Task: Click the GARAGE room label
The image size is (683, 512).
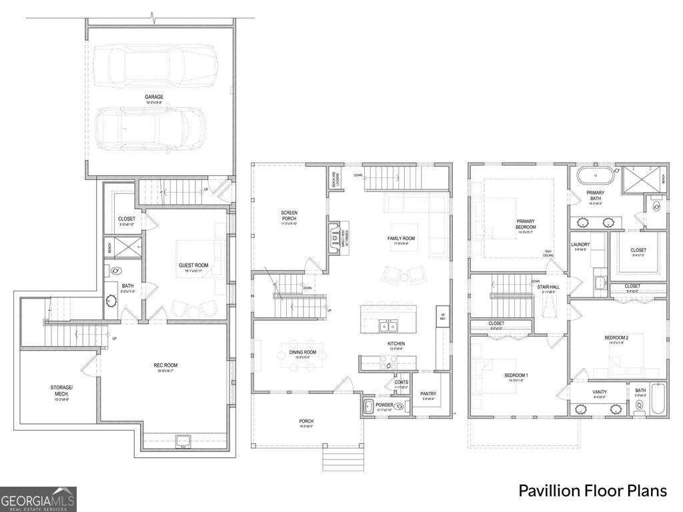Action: pyautogui.click(x=154, y=97)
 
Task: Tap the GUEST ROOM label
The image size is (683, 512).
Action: pyautogui.click(x=193, y=265)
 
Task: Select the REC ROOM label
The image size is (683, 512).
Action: pyautogui.click(x=167, y=365)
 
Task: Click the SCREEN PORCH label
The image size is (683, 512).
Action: pyautogui.click(x=289, y=216)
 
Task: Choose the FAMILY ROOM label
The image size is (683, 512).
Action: pyautogui.click(x=402, y=238)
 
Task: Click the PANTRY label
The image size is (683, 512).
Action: pyautogui.click(x=428, y=394)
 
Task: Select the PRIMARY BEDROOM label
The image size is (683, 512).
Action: pyautogui.click(x=526, y=224)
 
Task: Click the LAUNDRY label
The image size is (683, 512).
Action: pyautogui.click(x=580, y=245)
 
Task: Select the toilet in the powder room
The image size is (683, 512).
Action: pyautogui.click(x=399, y=406)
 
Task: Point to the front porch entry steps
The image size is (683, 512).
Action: pyautogui.click(x=339, y=459)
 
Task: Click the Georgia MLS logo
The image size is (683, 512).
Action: pyautogui.click(x=38, y=499)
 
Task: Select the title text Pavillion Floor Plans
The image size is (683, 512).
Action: pyautogui.click(x=592, y=491)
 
